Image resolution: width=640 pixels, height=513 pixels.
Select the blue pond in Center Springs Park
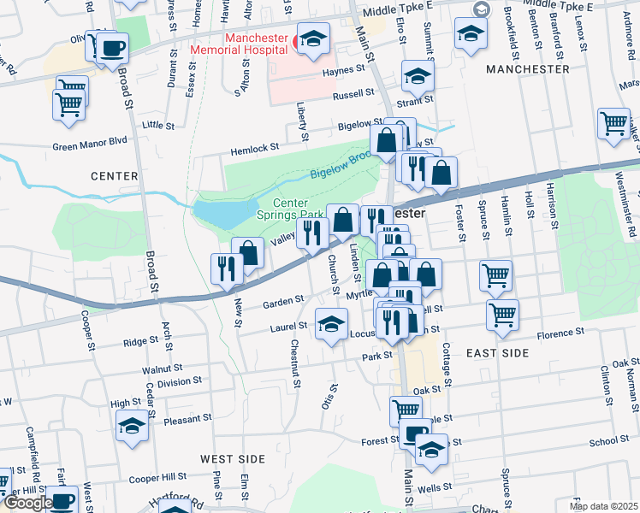(x=225, y=212)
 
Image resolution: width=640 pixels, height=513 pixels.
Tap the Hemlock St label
(x=255, y=148)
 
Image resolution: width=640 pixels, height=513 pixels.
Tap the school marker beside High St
(x=133, y=425)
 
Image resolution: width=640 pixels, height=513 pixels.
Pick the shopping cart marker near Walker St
(x=613, y=124)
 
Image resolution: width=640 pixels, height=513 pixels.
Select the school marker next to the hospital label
(x=313, y=39)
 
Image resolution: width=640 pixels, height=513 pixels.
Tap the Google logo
(x=28, y=503)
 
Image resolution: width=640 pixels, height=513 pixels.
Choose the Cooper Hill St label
(x=157, y=476)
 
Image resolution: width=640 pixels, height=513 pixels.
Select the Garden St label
(x=283, y=301)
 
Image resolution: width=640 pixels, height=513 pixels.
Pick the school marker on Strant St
(x=417, y=79)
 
